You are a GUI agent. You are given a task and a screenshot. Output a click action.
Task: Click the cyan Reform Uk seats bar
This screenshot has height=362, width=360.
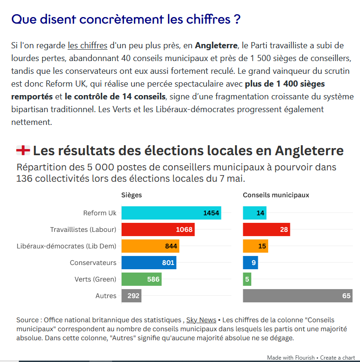pos(171,213)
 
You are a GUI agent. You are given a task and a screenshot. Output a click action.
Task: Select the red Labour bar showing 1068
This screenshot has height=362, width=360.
pos(158,230)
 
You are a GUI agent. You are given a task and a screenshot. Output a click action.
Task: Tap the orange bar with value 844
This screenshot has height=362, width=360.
pos(150,246)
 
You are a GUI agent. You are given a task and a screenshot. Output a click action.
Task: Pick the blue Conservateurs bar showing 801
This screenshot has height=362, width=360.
pos(149,263)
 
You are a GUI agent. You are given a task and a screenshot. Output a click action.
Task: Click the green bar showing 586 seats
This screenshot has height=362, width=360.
pos(141,279)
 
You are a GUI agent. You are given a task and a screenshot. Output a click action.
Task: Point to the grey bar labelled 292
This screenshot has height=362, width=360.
pos(132,296)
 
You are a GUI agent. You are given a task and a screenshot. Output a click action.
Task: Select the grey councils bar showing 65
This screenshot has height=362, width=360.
pos(298,296)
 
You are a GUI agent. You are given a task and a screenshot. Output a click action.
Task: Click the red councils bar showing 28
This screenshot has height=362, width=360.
pos(266,230)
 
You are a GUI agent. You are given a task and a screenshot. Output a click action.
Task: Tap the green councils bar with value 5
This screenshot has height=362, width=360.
pos(247,279)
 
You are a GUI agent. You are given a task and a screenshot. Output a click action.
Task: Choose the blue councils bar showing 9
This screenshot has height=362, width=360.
pos(250,263)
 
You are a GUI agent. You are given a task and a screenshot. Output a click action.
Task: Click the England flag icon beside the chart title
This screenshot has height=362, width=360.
pos(23,150)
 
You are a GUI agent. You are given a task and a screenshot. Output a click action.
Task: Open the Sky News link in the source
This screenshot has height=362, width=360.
pos(201,320)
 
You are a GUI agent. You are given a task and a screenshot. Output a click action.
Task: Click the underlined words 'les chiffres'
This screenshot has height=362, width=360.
pos(88,45)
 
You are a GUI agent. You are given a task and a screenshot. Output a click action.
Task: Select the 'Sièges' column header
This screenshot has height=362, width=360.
pos(132,195)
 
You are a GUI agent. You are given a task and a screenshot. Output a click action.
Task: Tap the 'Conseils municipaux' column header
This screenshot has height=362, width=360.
pos(276,195)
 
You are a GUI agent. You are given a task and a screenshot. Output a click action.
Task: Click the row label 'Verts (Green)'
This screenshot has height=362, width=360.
pos(95,279)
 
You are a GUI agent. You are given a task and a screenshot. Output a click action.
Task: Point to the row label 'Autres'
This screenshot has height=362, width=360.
pos(106,296)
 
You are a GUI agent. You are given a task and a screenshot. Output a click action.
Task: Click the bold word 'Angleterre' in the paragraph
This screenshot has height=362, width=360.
pos(216,45)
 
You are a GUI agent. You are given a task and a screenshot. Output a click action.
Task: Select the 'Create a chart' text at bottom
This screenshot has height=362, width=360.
pos(337,358)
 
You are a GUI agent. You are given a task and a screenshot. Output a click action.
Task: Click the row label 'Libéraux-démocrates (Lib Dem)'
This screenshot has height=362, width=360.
pos(66,246)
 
